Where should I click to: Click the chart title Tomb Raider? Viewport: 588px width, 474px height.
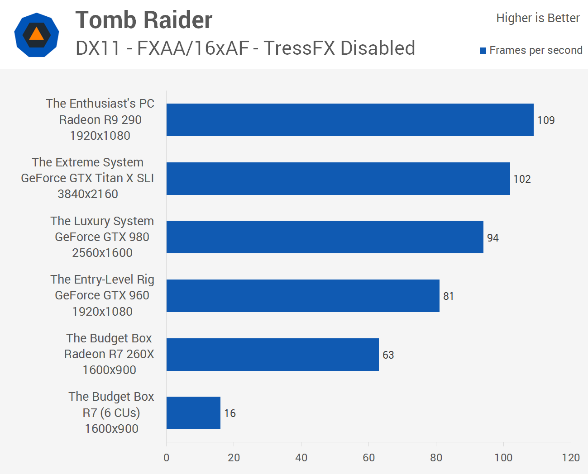pyautogui.click(x=144, y=20)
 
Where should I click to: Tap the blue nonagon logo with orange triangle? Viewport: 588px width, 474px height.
pyautogui.click(x=37, y=35)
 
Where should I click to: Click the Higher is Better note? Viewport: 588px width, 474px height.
pyautogui.click(x=538, y=18)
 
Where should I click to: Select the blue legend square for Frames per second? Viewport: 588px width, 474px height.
pyautogui.click(x=483, y=51)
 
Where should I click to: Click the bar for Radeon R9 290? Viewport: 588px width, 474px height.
pyautogui.click(x=350, y=120)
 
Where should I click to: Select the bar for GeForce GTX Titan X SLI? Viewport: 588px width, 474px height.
pyautogui.click(x=338, y=179)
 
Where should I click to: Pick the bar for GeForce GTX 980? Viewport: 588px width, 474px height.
pyautogui.click(x=325, y=237)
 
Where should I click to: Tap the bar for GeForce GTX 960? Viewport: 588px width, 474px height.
pyautogui.click(x=303, y=296)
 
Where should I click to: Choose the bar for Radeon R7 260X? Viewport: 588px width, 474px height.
pyautogui.click(x=272, y=355)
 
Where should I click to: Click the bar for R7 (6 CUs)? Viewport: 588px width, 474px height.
pyautogui.click(x=193, y=413)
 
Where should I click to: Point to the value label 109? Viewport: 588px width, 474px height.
pyautogui.click(x=546, y=120)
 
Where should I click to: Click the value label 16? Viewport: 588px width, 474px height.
pyautogui.click(x=230, y=413)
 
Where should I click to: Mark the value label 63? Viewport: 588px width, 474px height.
pyautogui.click(x=388, y=355)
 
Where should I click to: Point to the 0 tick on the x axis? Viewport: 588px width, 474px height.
pyautogui.click(x=167, y=458)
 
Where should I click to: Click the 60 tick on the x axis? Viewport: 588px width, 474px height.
pyautogui.click(x=368, y=458)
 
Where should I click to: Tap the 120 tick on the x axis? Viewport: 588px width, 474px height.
pyautogui.click(x=571, y=458)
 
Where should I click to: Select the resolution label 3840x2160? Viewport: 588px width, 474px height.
pyautogui.click(x=88, y=194)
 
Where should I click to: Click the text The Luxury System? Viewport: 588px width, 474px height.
pyautogui.click(x=102, y=221)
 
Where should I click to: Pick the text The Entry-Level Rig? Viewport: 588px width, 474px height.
pyautogui.click(x=102, y=280)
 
